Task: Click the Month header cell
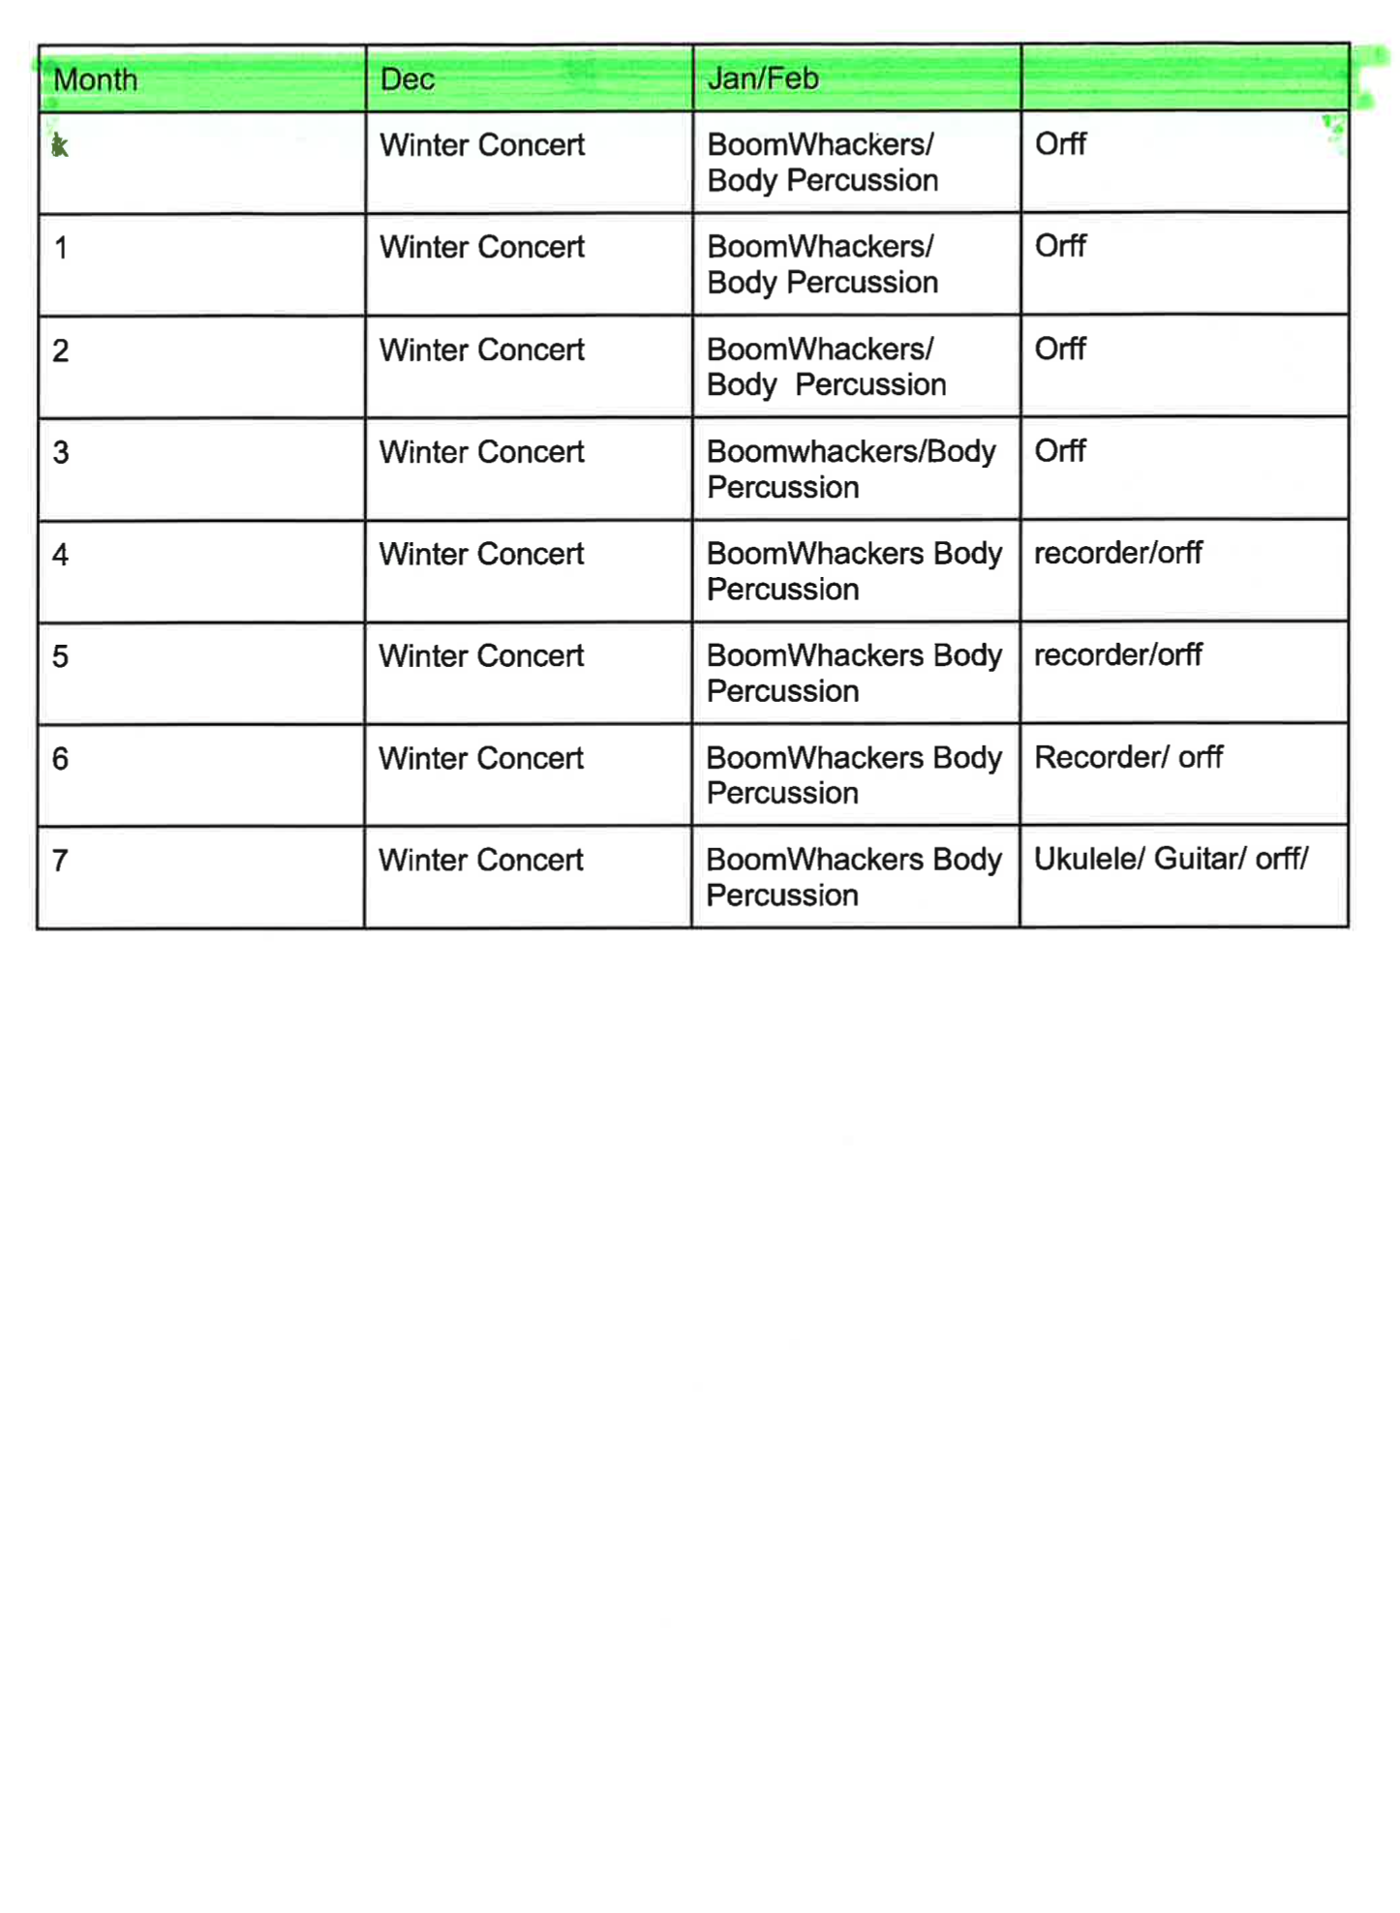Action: [96, 79]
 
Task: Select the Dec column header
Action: [408, 79]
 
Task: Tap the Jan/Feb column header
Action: [763, 78]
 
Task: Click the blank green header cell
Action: [1184, 77]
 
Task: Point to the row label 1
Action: [61, 249]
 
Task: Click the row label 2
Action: [61, 350]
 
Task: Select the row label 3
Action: [61, 453]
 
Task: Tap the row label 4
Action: [61, 555]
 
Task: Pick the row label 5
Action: [61, 656]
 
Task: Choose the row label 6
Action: [61, 759]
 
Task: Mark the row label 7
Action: [61, 861]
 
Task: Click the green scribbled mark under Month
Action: [60, 146]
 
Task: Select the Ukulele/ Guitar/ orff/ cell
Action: [1171, 859]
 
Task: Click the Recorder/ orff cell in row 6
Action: [1128, 757]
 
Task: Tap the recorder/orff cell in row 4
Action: [1117, 553]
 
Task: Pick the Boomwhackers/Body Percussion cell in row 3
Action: [851, 470]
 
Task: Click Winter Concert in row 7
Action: [481, 860]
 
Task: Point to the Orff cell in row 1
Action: [1060, 246]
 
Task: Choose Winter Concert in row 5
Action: [481, 656]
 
